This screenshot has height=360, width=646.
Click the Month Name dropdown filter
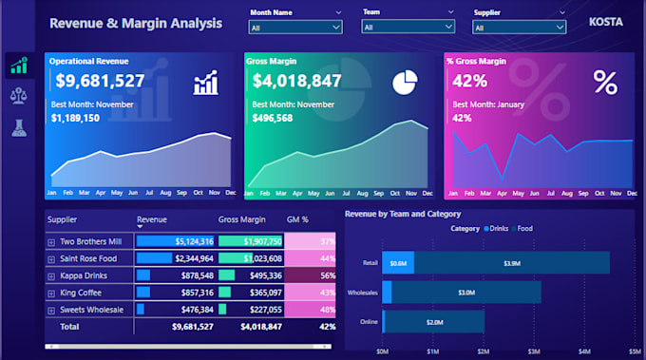294,28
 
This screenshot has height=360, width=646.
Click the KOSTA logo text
605,21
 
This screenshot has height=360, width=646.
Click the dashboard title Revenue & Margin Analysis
136,23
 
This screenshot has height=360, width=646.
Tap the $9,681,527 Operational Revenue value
100,81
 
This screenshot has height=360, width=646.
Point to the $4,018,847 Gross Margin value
297,81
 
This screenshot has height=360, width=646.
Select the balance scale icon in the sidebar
18,95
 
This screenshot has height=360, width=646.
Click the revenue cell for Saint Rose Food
176,258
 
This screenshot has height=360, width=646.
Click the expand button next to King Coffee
51,293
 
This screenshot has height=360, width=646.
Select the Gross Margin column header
241,220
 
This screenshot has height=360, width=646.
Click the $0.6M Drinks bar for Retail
398,263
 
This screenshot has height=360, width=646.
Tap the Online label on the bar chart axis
368,322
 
